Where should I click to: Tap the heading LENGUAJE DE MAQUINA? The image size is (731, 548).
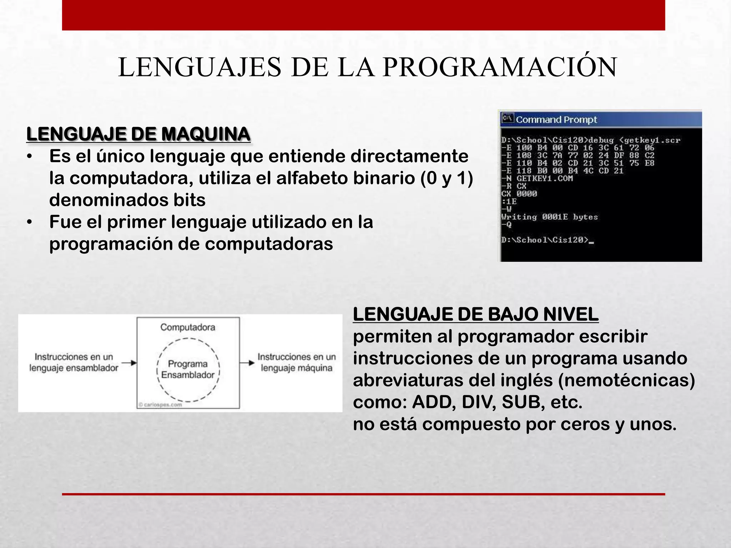pos(138,135)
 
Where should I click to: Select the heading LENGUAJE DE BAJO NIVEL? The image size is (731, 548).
pos(475,315)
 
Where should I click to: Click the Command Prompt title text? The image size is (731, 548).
pos(556,120)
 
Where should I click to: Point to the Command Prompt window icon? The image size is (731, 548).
pos(507,118)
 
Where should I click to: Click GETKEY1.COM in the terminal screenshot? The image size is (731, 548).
pos(544,178)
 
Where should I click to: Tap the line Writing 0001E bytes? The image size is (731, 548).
pos(549,217)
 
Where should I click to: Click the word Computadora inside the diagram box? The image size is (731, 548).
pos(188,327)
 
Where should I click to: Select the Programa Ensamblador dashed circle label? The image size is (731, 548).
pos(188,369)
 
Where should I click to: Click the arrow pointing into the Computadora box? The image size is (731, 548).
pos(129,363)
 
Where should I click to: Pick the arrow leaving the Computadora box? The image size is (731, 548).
pos(247,363)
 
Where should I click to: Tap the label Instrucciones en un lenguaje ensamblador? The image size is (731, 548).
pos(74,362)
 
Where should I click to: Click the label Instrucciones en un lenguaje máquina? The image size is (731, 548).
pos(297,362)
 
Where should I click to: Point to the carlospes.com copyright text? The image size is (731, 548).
pos(160,405)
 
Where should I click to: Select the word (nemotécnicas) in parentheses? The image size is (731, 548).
pos(626,380)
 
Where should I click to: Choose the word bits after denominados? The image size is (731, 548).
pos(190,200)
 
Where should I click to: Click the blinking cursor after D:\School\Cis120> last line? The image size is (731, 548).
pos(591,243)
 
